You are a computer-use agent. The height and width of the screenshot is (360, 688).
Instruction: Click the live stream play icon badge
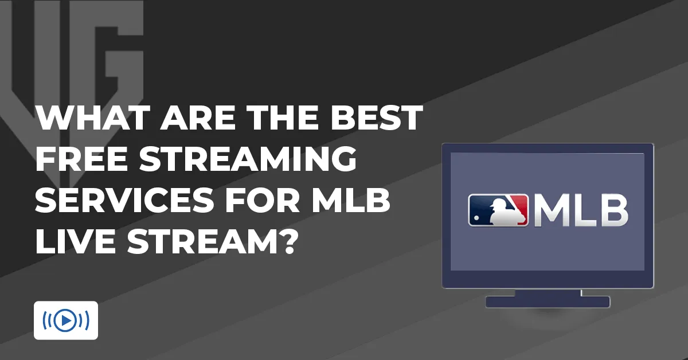pyautogui.click(x=66, y=320)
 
